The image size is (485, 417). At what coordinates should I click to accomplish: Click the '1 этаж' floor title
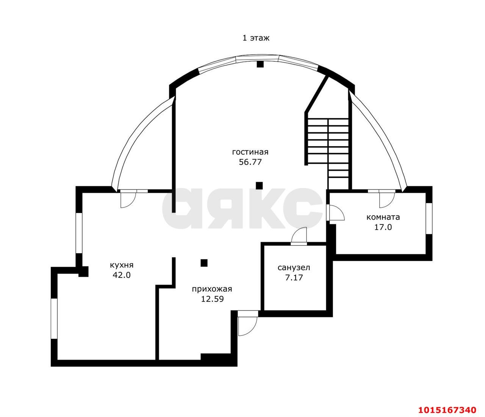(256, 38)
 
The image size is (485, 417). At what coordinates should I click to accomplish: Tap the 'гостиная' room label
(250, 152)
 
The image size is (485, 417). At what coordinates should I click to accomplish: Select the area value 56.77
(250, 162)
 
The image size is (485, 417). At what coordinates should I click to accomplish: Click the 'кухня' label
(122, 265)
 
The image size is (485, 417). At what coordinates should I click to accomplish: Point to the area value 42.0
(122, 275)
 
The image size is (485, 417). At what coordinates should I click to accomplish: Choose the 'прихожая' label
(212, 289)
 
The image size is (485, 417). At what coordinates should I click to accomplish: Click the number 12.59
(212, 299)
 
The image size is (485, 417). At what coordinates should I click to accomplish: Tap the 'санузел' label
(294, 268)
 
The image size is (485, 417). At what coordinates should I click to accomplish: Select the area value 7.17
(294, 278)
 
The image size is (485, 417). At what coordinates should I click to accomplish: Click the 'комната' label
(383, 217)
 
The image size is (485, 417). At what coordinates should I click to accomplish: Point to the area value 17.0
(383, 227)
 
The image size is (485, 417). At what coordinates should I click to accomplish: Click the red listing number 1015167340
(447, 403)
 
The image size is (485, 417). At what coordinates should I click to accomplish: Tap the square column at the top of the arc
(260, 64)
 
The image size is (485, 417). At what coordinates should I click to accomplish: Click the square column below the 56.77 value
(259, 186)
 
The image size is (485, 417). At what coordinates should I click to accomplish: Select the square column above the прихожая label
(204, 263)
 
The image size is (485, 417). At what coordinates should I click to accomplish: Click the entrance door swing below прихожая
(247, 326)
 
